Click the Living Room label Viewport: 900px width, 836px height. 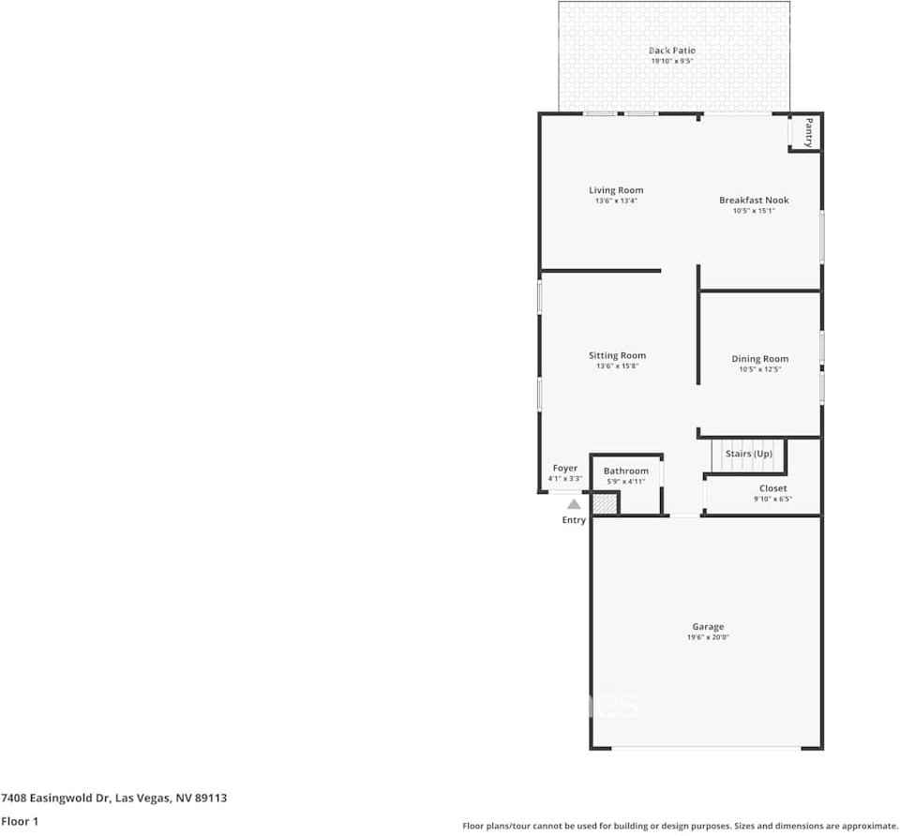(x=616, y=190)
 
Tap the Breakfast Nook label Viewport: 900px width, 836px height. (x=754, y=200)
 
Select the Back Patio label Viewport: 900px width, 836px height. (x=671, y=51)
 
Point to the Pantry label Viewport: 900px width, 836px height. (x=808, y=132)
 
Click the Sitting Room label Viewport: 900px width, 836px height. (x=617, y=355)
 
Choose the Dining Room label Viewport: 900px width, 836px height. (x=759, y=359)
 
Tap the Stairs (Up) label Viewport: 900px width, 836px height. (x=749, y=454)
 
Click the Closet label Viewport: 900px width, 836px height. (x=772, y=488)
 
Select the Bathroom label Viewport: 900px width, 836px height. (x=625, y=471)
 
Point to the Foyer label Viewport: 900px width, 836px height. (x=564, y=469)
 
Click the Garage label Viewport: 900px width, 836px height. (x=708, y=627)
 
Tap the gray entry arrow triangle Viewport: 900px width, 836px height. (x=574, y=504)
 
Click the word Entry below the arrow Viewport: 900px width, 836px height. (x=574, y=520)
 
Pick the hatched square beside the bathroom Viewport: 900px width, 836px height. (x=604, y=503)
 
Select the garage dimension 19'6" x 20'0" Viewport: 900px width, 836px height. (x=708, y=637)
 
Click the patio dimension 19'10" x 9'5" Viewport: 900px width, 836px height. (x=671, y=61)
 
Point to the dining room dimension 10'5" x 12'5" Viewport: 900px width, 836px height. (x=759, y=369)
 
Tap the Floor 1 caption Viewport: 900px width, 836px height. (x=21, y=821)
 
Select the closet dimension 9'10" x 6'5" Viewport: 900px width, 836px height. (x=772, y=499)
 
